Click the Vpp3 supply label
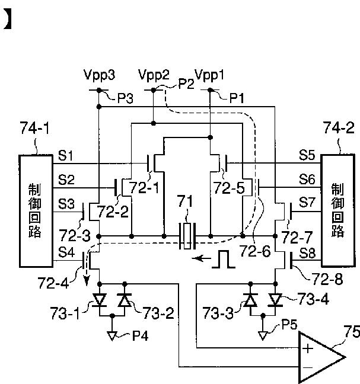point(99,75)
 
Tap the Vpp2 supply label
point(154,75)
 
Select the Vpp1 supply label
point(209,75)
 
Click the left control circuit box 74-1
point(36,211)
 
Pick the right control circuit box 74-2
point(338,210)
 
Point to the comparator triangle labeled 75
point(321,357)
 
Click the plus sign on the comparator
point(308,348)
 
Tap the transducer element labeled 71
point(187,236)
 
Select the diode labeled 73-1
point(100,300)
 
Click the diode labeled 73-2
point(125,300)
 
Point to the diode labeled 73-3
point(250,300)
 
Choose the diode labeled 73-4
point(275,300)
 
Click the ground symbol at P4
point(112,336)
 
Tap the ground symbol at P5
point(263,336)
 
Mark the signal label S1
point(65,155)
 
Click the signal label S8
point(307,253)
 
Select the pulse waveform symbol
point(224,259)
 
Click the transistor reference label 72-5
point(229,188)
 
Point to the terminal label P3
point(126,98)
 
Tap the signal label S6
point(307,180)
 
